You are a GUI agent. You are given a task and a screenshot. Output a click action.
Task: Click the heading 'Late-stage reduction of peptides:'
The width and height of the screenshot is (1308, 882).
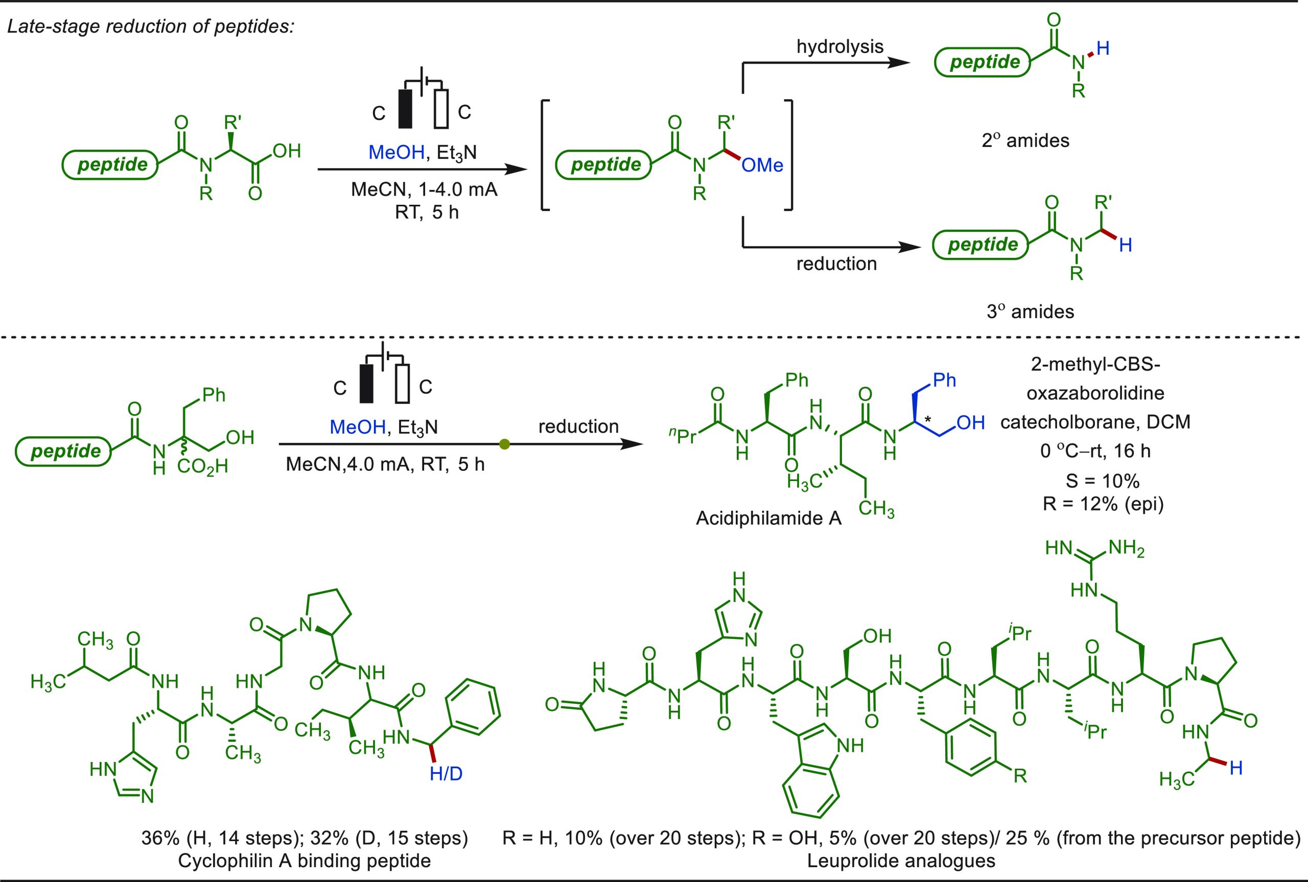pos(150,27)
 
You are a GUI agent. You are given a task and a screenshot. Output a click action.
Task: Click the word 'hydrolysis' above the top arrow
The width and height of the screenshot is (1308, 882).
pos(840,46)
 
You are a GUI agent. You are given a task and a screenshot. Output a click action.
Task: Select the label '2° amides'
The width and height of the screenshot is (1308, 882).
pos(1025,140)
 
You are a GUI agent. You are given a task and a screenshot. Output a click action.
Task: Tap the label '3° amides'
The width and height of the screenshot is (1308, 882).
pos(1030,311)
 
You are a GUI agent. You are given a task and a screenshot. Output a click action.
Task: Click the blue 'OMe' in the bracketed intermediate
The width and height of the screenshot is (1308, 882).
pos(762,165)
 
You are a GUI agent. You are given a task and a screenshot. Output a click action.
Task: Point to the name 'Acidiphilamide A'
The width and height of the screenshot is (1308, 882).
pos(768,518)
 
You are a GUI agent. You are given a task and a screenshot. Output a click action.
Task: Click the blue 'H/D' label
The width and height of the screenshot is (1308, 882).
pos(446,775)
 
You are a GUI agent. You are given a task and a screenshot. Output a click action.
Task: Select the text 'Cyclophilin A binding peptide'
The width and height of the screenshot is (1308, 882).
pos(305,861)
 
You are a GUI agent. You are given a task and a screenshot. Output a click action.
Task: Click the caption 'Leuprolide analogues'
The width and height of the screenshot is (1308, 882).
pos(901,861)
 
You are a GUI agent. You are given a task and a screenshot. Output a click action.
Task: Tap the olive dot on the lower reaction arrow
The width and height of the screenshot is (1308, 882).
pos(505,444)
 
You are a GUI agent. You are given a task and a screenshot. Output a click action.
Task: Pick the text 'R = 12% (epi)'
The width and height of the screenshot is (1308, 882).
pos(1103,504)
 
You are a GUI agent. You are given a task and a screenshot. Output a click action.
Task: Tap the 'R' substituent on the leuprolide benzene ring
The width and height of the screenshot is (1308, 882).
pos(1020,777)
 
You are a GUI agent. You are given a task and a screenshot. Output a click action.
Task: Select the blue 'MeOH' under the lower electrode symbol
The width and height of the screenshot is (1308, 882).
pos(358,427)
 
